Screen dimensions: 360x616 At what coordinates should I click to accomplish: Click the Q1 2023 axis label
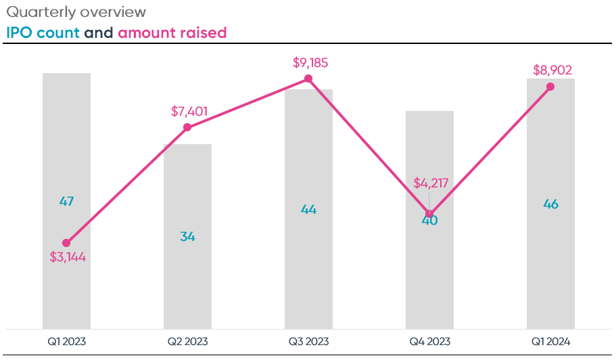tap(66, 341)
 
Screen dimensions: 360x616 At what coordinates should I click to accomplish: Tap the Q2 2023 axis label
tap(187, 341)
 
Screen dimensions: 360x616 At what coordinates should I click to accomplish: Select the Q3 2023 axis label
tap(308, 341)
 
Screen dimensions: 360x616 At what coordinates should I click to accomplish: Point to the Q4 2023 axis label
tap(429, 341)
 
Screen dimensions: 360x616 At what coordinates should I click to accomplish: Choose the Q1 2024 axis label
tap(550, 341)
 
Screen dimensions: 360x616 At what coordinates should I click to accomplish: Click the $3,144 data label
tap(68, 257)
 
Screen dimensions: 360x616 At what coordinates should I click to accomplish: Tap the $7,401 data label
tap(189, 111)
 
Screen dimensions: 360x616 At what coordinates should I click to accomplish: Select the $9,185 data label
tap(310, 63)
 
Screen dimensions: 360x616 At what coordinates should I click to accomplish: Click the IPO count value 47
tap(66, 201)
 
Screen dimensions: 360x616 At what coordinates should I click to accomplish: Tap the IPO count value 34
tap(187, 237)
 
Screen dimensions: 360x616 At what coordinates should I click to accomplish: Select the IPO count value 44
tap(308, 210)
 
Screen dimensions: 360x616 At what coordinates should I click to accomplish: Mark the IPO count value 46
tap(550, 204)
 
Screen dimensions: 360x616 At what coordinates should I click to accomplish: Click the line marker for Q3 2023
tap(308, 79)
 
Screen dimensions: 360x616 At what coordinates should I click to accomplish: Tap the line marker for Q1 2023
tap(66, 243)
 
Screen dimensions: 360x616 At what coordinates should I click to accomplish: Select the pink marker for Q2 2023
tap(187, 127)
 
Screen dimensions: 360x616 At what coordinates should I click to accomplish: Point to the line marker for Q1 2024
tap(550, 87)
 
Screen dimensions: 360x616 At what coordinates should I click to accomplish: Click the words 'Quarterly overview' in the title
tap(76, 13)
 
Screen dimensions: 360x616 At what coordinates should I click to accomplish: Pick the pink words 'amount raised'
tap(172, 32)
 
